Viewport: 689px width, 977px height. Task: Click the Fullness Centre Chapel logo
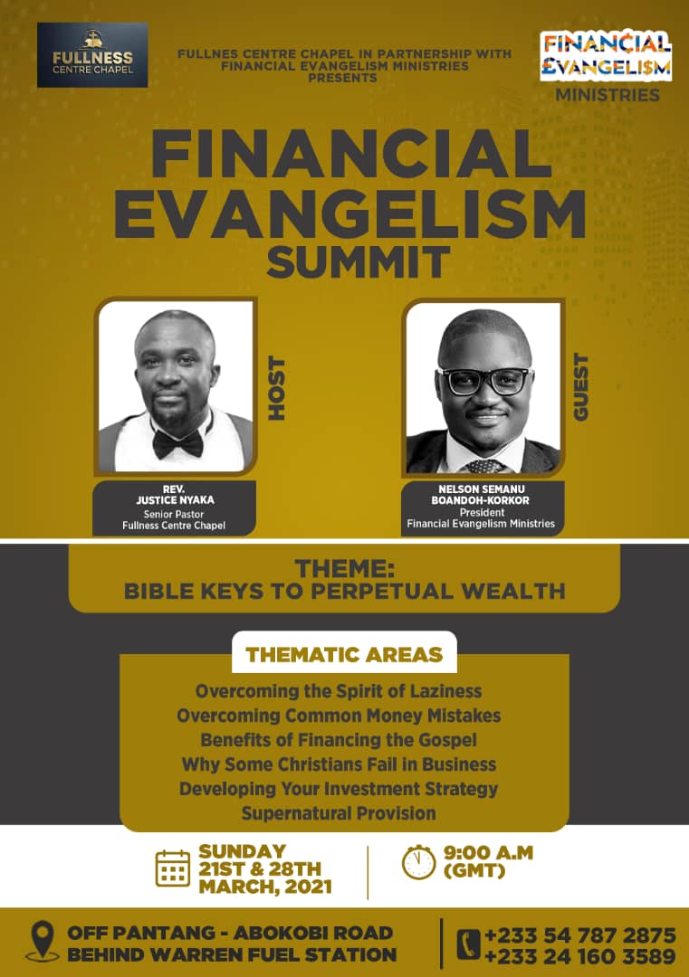(92, 55)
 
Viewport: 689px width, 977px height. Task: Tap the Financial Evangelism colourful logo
(606, 56)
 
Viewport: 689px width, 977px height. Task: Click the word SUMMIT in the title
(359, 261)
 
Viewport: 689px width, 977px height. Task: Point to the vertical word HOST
(276, 388)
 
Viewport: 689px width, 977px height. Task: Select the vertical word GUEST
(580, 387)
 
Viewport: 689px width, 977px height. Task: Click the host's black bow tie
(178, 443)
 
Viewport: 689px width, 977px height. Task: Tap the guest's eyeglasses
(485, 381)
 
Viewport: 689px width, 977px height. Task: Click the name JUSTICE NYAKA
(176, 500)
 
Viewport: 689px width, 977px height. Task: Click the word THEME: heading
(345, 568)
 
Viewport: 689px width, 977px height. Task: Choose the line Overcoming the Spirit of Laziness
(339, 691)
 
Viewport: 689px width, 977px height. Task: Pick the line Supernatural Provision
(339, 813)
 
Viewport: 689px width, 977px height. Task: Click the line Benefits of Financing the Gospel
(339, 740)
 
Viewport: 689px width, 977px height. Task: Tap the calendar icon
(173, 868)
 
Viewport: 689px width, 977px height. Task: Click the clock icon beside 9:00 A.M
(418, 862)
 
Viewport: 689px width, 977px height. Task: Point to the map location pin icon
(43, 941)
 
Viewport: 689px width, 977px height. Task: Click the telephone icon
(469, 944)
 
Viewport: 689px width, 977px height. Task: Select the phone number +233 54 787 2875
(580, 935)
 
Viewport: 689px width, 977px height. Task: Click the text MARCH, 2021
(265, 887)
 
